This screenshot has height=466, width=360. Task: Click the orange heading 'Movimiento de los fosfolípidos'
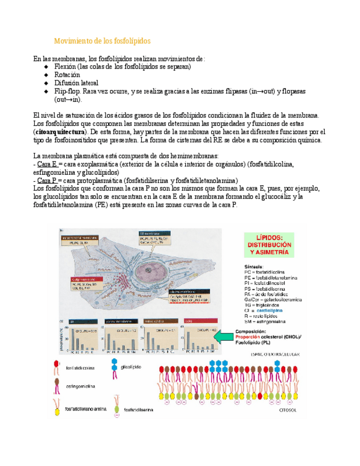pyautogui.click(x=102, y=41)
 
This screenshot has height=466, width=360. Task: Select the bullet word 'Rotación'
pyautogui.click(x=67, y=75)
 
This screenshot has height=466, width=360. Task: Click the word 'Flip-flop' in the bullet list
pyautogui.click(x=67, y=91)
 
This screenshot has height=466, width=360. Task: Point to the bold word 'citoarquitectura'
pyautogui.click(x=59, y=132)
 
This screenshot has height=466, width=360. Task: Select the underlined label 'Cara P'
pyautogui.click(x=47, y=180)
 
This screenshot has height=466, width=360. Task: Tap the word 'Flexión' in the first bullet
pyautogui.click(x=65, y=66)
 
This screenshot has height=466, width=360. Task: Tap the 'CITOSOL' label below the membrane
pyautogui.click(x=284, y=409)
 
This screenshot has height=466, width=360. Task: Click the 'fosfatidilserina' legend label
pyautogui.click(x=141, y=409)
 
